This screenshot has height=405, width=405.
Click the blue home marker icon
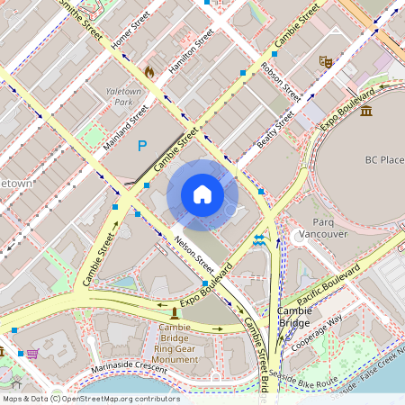coord(202,194)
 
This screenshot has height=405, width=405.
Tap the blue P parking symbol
coord(141,144)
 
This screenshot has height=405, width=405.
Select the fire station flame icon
coord(149,70)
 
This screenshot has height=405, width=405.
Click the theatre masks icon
coord(324,61)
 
